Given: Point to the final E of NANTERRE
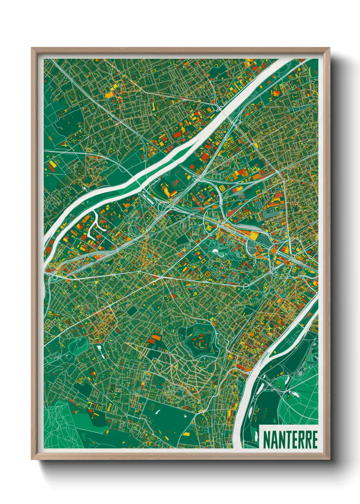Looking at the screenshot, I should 314,440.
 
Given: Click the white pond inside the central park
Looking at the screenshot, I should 216,252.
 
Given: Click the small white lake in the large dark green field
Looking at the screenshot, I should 158,412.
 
